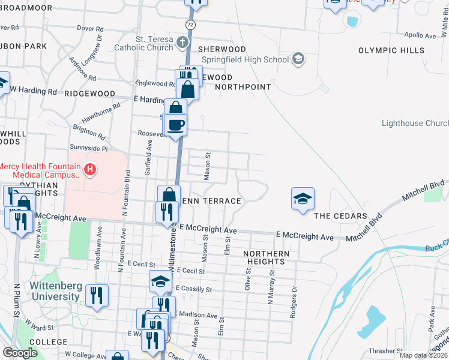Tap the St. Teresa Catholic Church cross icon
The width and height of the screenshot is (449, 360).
pos(183,43)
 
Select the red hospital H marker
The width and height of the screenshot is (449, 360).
pos(90,170)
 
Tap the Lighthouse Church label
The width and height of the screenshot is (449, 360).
pos(415,123)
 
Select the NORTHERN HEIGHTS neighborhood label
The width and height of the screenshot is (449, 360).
pos(267,258)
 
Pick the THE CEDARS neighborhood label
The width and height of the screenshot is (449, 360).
pos(340,216)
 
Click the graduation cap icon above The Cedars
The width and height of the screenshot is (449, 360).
pos(303,199)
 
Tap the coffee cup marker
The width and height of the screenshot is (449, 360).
pos(175,125)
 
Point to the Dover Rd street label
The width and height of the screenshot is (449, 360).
pos(91,28)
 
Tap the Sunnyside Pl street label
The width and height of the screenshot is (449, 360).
pos(88,148)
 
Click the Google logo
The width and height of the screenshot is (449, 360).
pos(20,353)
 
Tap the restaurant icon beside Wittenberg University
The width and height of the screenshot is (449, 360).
pos(96,296)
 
